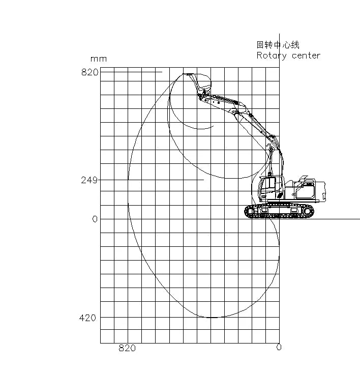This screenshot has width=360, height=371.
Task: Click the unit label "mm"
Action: [99, 59]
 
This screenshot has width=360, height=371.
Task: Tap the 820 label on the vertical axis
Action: [89, 72]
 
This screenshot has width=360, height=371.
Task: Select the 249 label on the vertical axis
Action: [89, 180]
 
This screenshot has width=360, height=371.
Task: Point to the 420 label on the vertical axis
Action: [87, 318]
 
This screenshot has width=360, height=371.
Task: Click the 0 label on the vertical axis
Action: [95, 219]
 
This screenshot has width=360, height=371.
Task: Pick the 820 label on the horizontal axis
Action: [127, 348]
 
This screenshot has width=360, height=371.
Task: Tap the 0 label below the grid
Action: [279, 348]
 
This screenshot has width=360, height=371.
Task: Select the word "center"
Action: [306, 56]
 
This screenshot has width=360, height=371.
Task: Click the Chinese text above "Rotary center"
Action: [278, 45]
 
